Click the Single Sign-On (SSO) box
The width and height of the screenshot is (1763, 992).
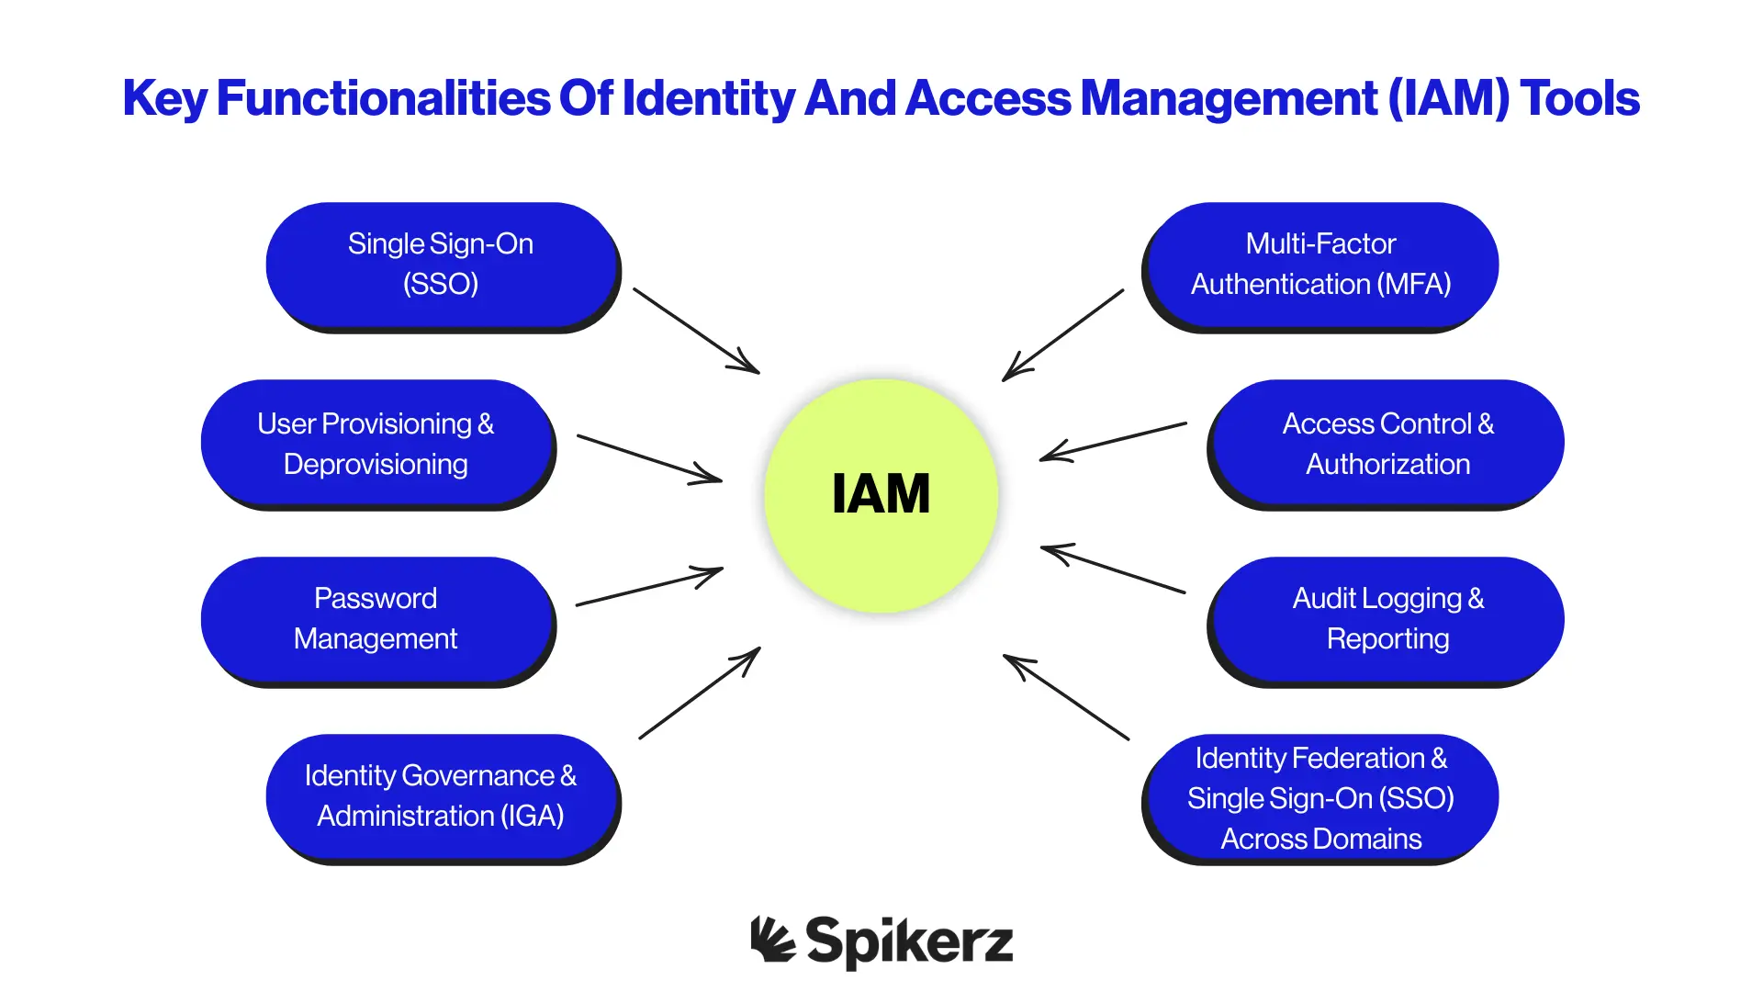(441, 264)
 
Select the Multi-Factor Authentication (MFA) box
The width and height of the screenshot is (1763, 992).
(1320, 264)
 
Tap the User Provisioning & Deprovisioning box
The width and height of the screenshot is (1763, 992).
(376, 443)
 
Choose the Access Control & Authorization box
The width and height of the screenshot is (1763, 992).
(1387, 443)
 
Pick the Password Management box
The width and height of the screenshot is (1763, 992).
(376, 618)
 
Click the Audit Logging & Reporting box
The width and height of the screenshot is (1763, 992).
(1387, 618)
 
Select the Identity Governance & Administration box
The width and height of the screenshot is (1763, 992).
(441, 795)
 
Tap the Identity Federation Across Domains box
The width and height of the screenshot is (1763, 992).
(1320, 797)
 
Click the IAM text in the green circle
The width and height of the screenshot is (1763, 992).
(881, 494)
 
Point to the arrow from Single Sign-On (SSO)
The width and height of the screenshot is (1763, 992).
(696, 331)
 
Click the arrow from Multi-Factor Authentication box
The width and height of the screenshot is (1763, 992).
(1063, 335)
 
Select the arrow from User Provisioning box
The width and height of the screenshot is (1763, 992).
(649, 458)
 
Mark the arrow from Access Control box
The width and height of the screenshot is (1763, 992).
(1113, 442)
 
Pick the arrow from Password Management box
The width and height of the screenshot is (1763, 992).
(649, 587)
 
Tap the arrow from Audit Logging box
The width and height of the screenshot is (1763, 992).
(1113, 569)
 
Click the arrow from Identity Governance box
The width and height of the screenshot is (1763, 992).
(700, 693)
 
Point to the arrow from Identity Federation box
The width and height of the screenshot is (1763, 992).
(1066, 697)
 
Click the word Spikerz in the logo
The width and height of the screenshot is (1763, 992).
(909, 941)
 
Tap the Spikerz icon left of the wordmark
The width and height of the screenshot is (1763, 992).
(771, 940)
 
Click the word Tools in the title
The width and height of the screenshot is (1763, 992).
(1579, 98)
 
